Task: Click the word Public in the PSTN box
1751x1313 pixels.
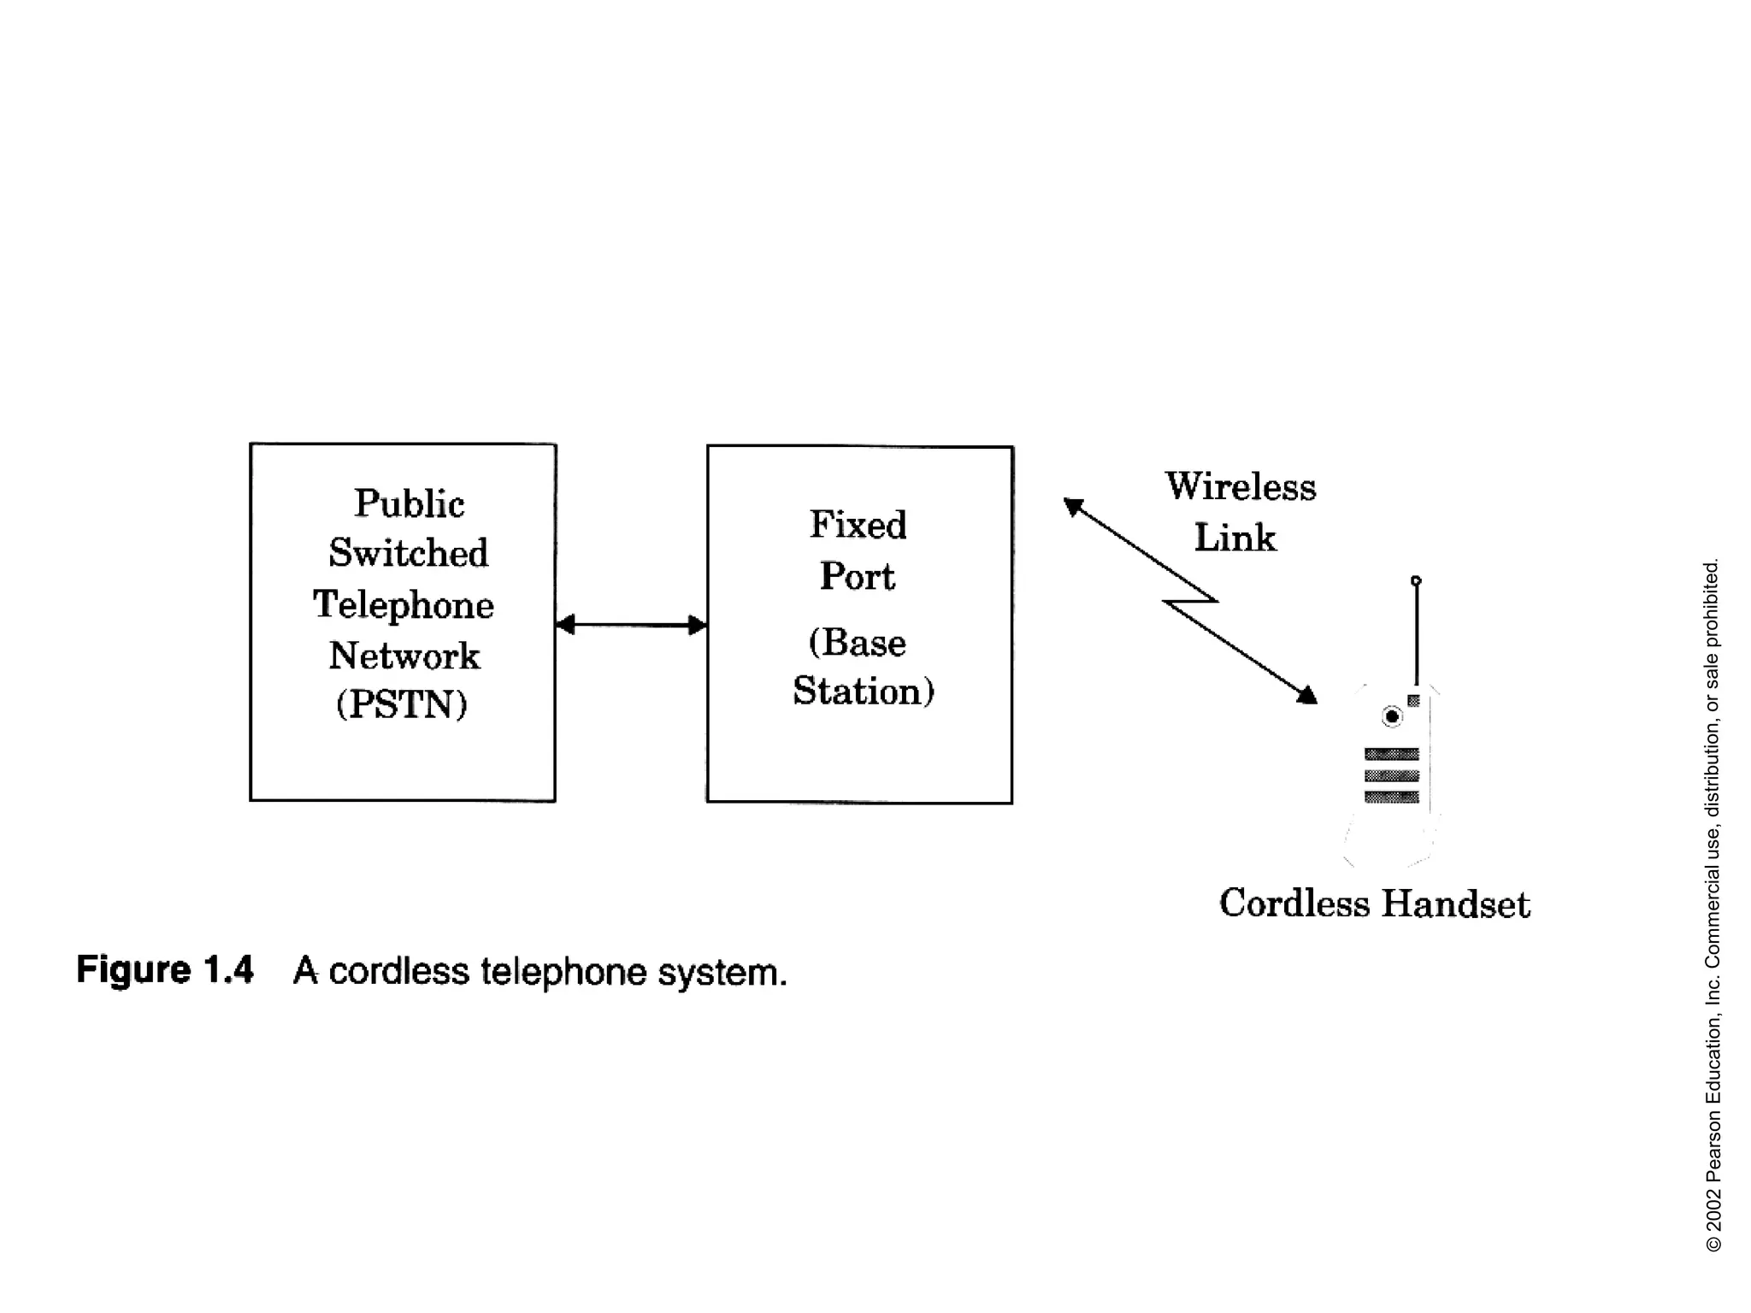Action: coord(409,503)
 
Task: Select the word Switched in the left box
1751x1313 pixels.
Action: coord(409,553)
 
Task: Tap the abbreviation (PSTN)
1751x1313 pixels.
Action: coord(402,704)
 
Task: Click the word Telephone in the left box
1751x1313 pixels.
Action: coord(404,604)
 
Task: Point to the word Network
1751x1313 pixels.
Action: coord(404,656)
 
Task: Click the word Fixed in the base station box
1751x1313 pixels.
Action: coord(858,524)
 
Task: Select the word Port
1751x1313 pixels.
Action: coord(857,576)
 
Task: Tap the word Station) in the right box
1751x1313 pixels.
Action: coord(864,691)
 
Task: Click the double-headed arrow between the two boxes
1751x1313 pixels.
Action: coord(631,625)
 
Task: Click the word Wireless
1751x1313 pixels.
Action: coord(1241,486)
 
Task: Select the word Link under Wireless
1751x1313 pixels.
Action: coord(1235,538)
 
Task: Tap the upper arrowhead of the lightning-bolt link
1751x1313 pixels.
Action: coord(1073,507)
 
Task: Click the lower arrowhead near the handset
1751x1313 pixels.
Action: coord(1307,695)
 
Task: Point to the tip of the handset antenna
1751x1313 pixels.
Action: coord(1416,580)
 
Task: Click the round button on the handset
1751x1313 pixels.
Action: coord(1392,716)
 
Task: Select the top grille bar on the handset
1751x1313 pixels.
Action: coord(1392,753)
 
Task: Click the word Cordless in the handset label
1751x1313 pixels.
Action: coord(1294,904)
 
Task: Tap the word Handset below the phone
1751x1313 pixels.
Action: coord(1455,904)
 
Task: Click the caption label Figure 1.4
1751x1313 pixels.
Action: coord(165,970)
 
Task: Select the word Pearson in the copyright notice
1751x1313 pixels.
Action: coord(1713,1146)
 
